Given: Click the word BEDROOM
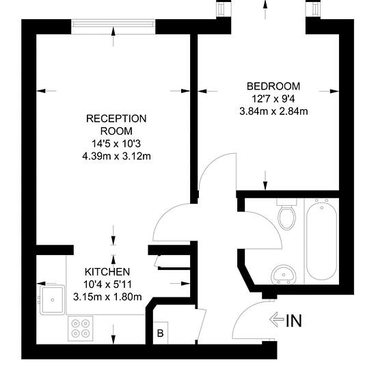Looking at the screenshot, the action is point(273,86).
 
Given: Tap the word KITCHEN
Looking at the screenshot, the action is point(107,272).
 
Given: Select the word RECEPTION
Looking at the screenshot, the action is point(116,119).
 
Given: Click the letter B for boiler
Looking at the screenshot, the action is point(160,334).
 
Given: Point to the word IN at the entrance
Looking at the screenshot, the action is point(294,321).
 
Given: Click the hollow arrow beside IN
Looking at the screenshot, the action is point(276,320).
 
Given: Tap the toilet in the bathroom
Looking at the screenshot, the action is point(287,214).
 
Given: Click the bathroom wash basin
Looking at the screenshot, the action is point(284,274).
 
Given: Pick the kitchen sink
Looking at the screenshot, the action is point(52,299).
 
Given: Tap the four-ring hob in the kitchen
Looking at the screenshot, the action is point(81,328).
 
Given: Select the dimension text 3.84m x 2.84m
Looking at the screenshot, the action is point(273,111).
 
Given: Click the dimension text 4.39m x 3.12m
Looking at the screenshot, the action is point(116,157).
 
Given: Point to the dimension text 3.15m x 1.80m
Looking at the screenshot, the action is point(107,297).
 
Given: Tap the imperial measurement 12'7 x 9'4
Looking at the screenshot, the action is point(273,99).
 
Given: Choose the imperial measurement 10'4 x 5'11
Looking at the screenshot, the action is point(107,284).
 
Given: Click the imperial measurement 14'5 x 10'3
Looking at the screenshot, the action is point(116,144).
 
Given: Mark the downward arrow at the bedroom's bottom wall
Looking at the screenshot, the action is point(265,180).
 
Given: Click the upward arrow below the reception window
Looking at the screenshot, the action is point(113,37).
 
